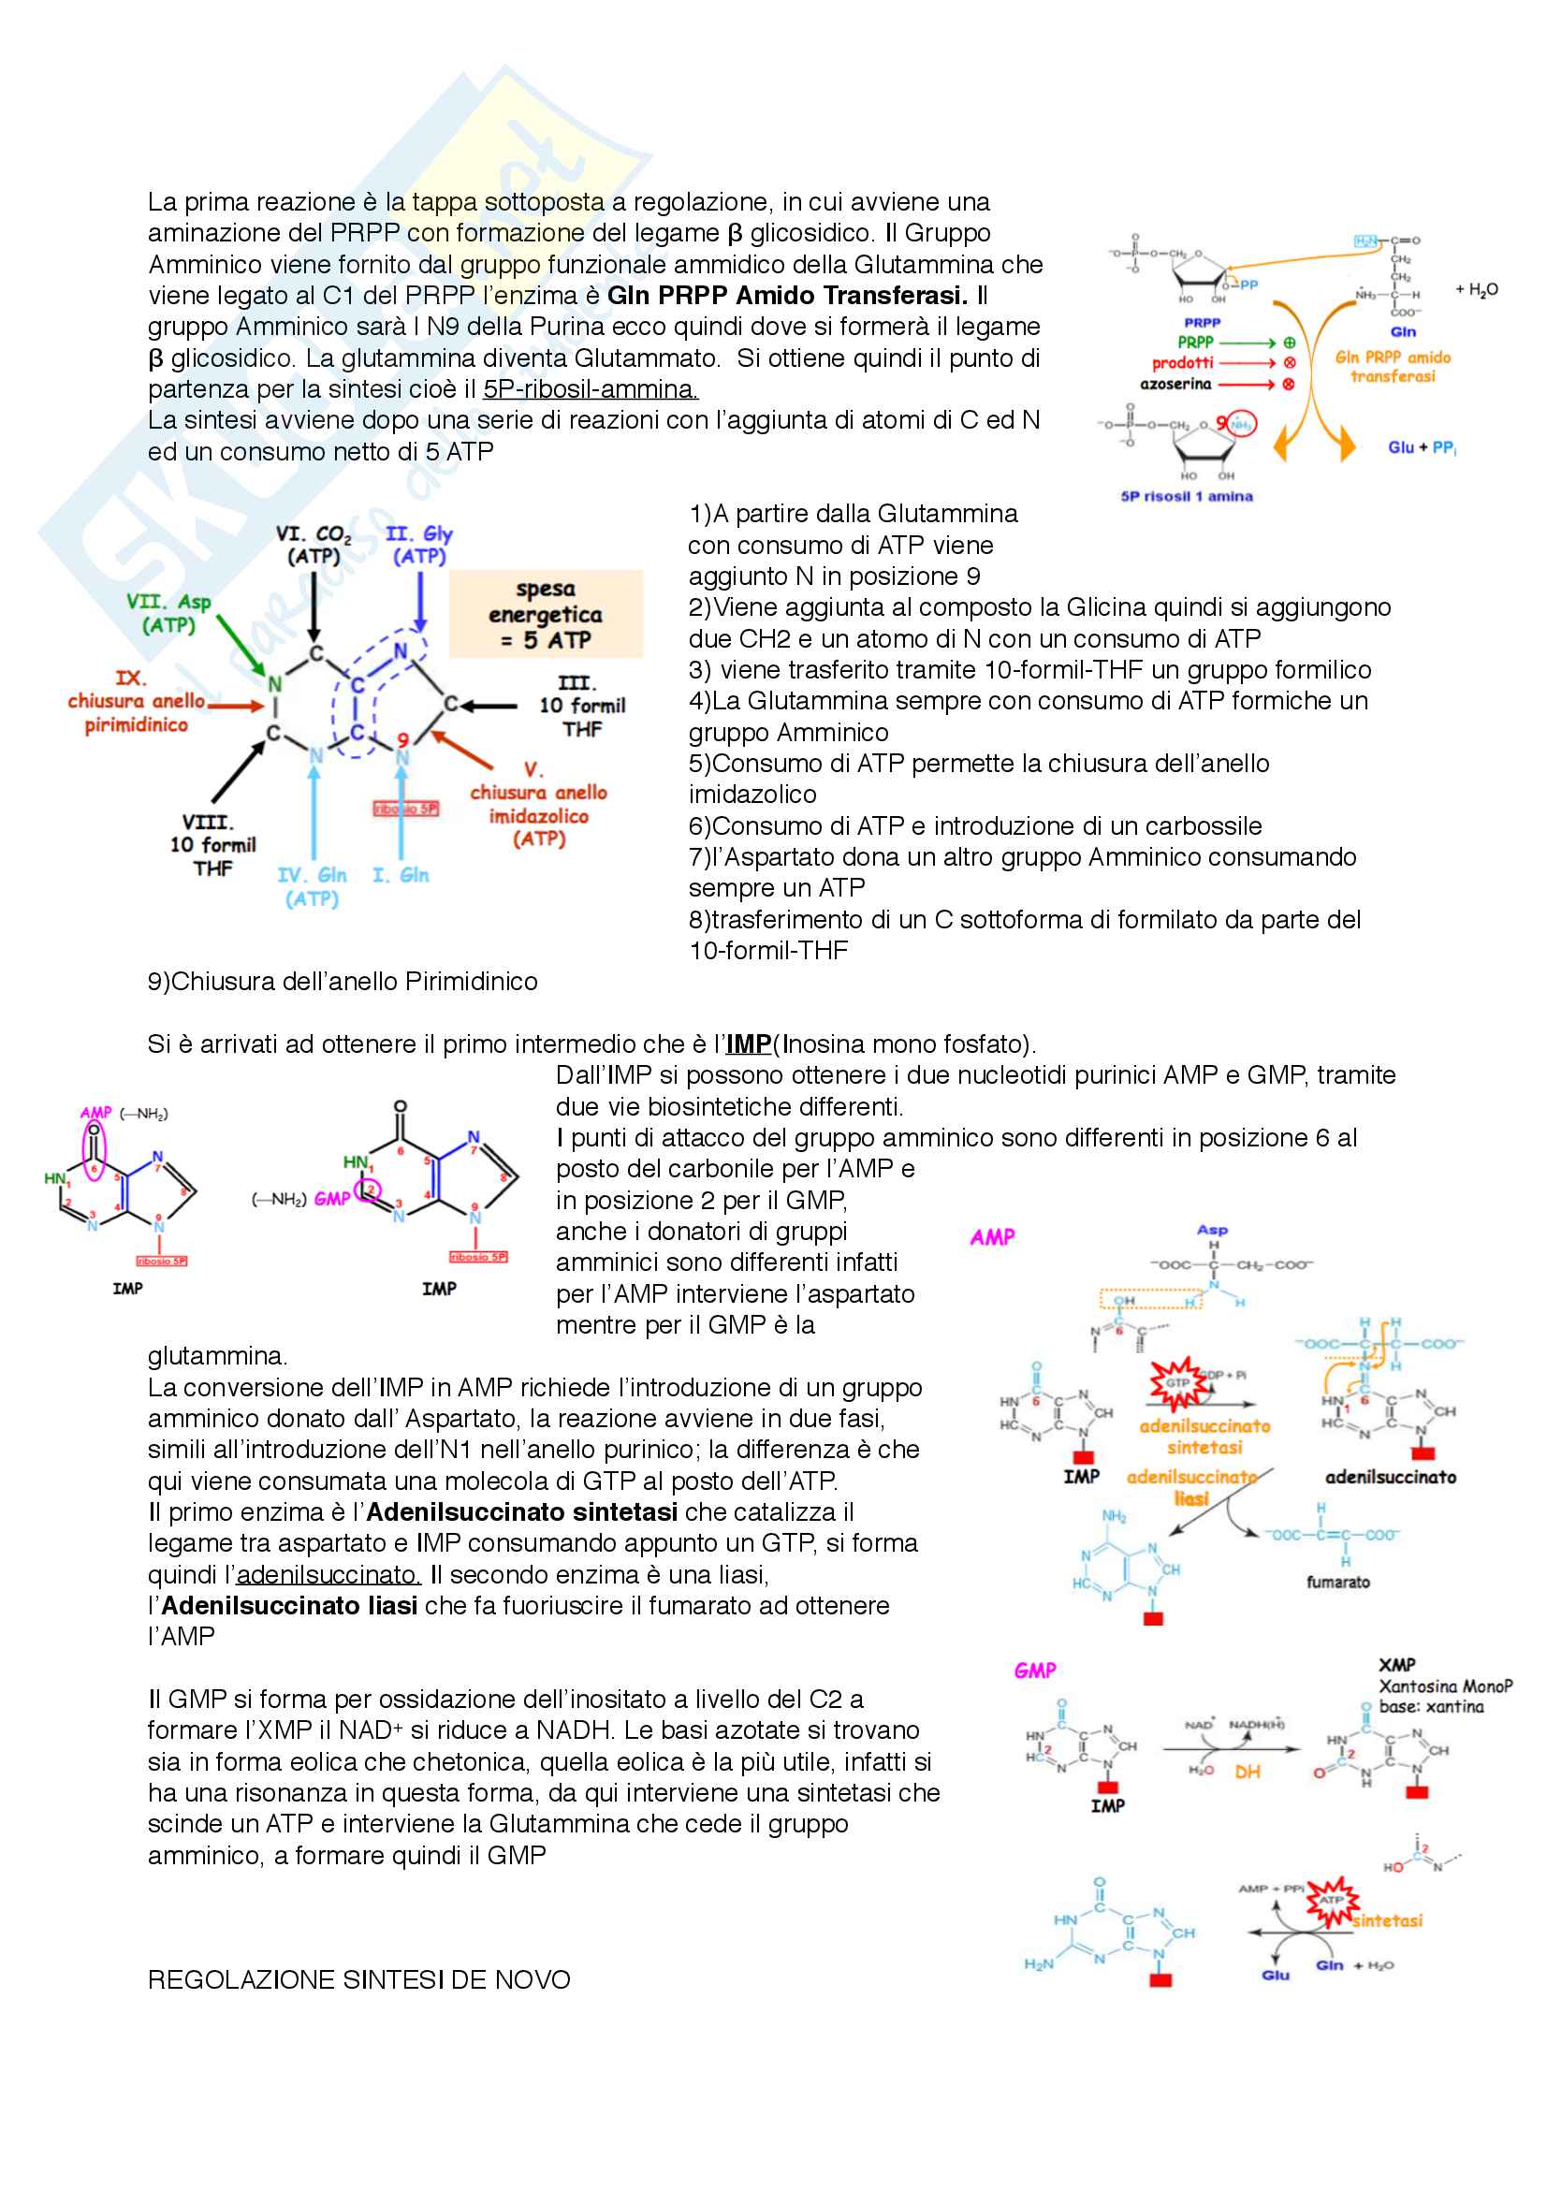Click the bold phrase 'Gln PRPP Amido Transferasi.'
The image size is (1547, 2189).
point(786,296)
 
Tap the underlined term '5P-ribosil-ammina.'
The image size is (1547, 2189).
point(590,389)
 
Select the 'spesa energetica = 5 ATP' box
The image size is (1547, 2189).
point(546,614)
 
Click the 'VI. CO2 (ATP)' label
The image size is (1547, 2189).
point(314,545)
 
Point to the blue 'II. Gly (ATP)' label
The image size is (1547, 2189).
point(419,545)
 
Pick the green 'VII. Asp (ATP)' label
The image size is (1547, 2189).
point(168,613)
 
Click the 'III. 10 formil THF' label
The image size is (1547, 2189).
point(581,706)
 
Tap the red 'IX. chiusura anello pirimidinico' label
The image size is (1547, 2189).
point(136,702)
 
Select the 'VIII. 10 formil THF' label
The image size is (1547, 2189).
point(212,845)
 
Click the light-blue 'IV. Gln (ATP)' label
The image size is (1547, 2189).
point(312,886)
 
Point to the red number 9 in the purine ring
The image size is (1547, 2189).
point(403,740)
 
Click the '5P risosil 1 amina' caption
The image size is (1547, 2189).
point(1187,496)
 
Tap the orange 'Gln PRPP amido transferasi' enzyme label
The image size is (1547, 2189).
point(1393,367)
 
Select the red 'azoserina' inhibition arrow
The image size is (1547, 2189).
point(1247,385)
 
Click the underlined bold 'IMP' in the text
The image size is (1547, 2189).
point(749,1044)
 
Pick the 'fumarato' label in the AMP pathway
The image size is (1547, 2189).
point(1337,1582)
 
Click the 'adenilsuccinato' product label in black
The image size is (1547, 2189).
point(1391,1477)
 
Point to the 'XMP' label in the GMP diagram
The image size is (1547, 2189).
point(1396,1665)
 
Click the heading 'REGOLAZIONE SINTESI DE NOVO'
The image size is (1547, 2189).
point(358,1980)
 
